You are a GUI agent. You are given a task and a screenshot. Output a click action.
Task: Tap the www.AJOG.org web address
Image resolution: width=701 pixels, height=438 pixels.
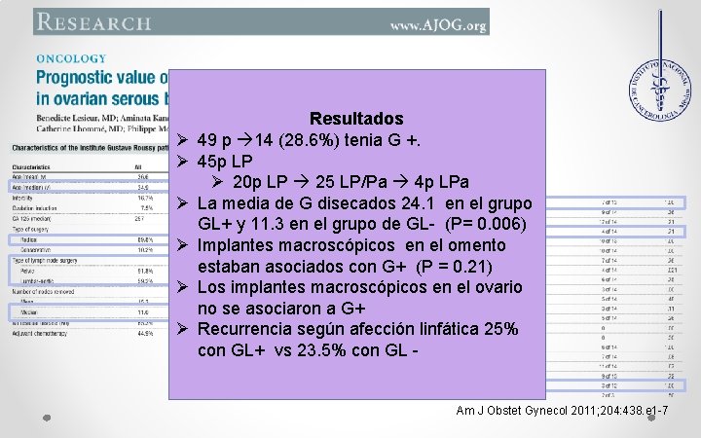pos(437,23)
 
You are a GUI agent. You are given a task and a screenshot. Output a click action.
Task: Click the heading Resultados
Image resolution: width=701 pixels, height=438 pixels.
pos(356,119)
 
